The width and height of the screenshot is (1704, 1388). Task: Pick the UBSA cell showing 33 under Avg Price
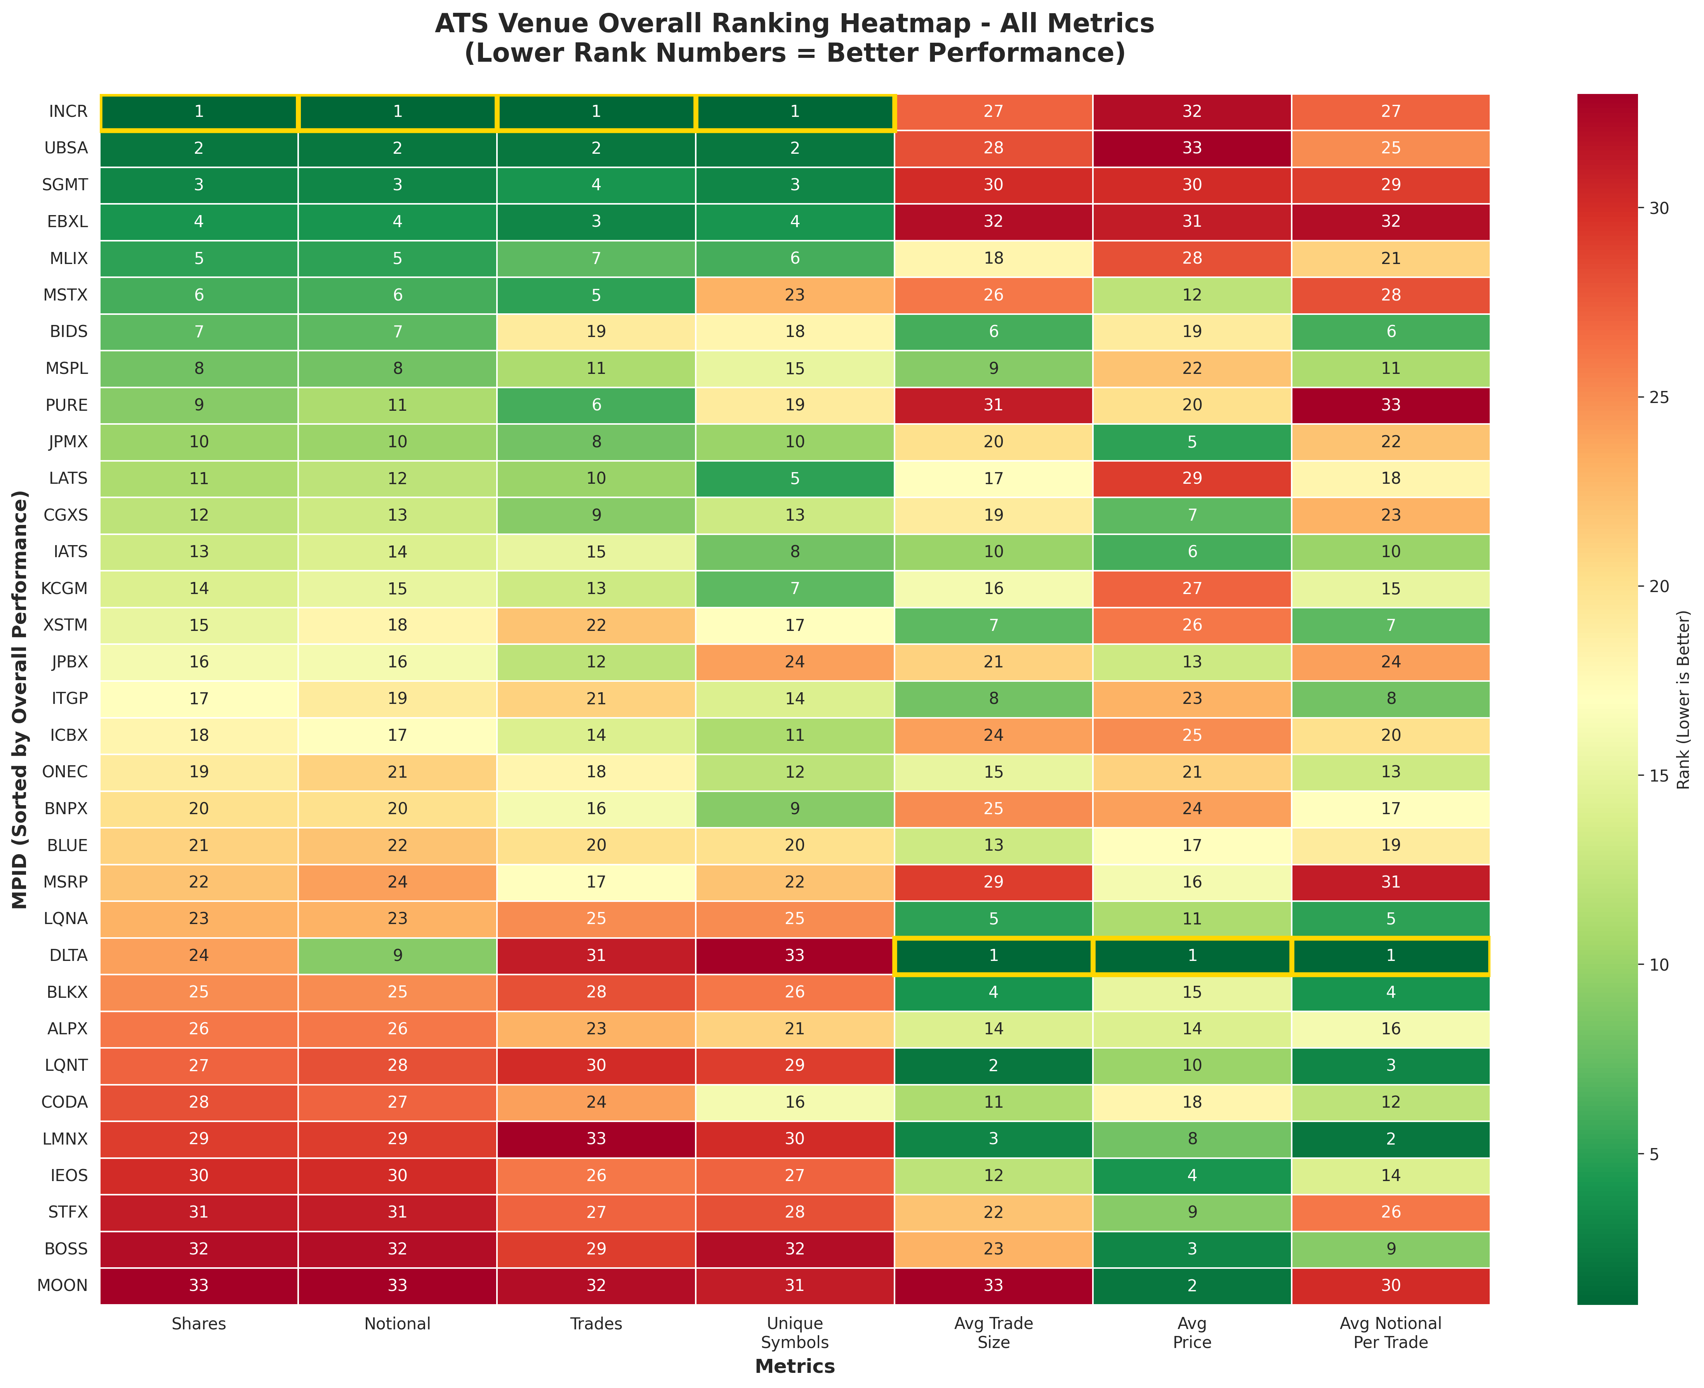pos(1192,148)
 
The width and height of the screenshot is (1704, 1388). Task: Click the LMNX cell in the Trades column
pos(596,1138)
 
